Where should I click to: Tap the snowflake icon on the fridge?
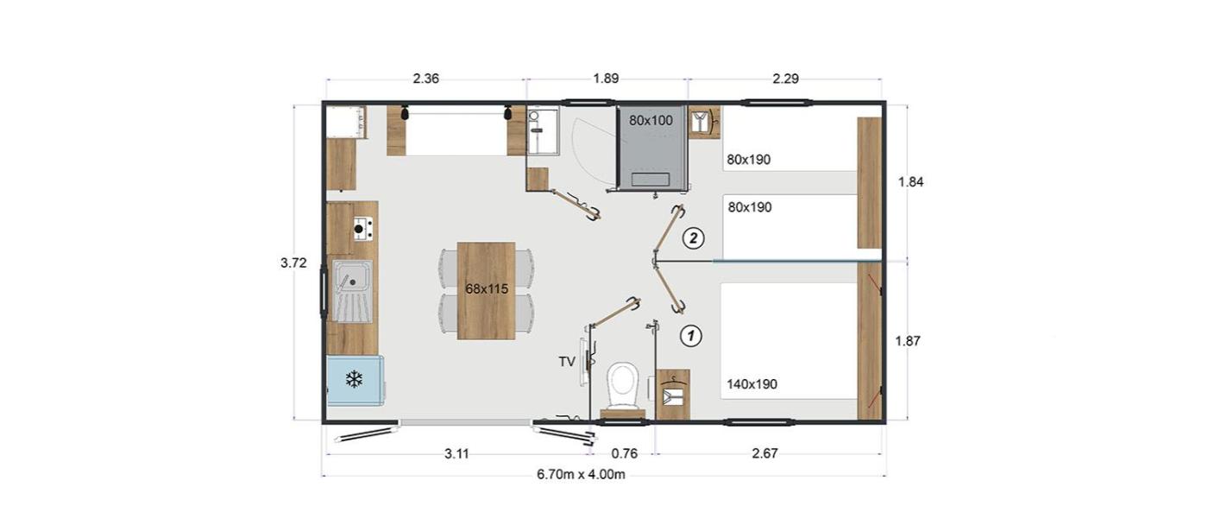point(354,379)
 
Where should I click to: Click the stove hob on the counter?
point(362,228)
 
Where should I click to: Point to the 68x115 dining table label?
point(487,288)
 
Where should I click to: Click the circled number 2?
point(693,238)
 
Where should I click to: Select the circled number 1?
point(691,336)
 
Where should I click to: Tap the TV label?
point(567,362)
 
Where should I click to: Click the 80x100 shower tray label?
point(651,120)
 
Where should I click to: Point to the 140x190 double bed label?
point(752,384)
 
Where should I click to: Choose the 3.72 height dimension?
point(293,262)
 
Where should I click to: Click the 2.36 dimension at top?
point(426,79)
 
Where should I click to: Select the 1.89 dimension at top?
point(606,79)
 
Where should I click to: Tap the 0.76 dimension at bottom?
point(625,453)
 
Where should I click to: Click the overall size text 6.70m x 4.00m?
point(581,474)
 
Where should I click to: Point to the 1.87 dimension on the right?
point(908,341)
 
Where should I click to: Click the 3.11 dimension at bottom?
point(456,454)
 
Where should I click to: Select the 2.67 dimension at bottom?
point(764,453)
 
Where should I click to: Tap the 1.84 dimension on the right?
point(910,182)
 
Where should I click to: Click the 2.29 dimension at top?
point(785,79)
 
